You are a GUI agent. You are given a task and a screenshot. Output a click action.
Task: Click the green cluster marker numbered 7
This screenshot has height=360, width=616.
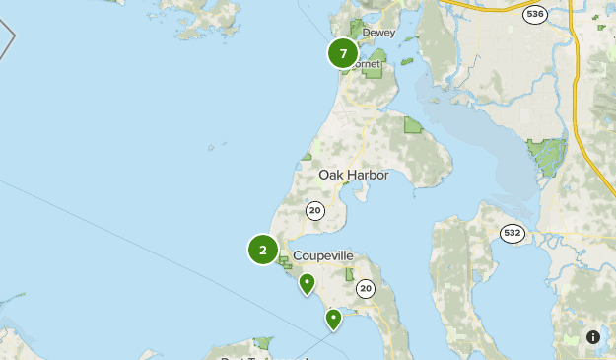(x=343, y=54)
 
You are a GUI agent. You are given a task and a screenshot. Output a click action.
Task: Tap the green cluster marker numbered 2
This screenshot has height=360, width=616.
(x=263, y=251)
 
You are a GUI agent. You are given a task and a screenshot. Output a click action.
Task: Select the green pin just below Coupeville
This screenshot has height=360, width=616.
(x=308, y=284)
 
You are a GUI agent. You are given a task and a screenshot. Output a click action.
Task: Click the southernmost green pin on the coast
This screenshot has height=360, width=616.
(x=334, y=319)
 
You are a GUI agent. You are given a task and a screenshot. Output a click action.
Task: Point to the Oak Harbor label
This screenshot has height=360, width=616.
(x=354, y=175)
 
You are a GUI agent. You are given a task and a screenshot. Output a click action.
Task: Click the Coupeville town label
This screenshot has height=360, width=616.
(x=322, y=255)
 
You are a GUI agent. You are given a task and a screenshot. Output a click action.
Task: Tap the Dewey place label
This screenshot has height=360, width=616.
(x=378, y=33)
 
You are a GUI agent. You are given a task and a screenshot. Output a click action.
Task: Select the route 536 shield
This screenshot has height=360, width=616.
(x=535, y=15)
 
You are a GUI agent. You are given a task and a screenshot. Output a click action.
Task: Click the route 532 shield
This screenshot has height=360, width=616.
(x=513, y=233)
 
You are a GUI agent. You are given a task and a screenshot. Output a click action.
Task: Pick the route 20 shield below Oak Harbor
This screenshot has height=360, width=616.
(x=315, y=209)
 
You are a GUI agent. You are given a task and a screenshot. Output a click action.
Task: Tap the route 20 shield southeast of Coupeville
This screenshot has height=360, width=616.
(x=366, y=288)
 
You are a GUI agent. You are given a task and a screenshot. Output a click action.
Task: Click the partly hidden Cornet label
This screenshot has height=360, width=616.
(x=367, y=64)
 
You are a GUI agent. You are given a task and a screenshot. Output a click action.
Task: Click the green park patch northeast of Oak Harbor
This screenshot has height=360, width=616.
(x=413, y=124)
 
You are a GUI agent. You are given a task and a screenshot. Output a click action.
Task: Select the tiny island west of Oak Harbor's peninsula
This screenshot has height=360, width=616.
(x=211, y=148)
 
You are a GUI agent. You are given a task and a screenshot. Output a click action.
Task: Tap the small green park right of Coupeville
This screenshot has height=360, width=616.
(x=349, y=273)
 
